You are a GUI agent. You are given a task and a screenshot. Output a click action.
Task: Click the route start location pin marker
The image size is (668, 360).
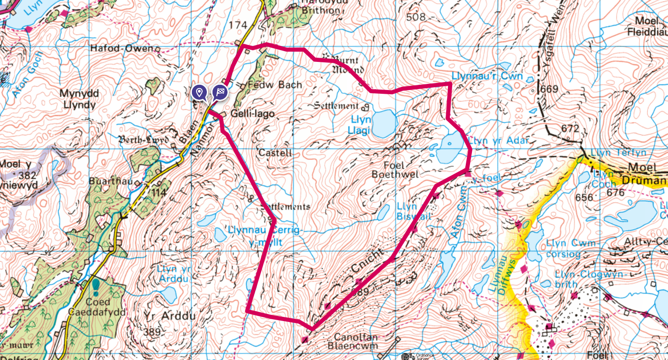[x=199, y=92]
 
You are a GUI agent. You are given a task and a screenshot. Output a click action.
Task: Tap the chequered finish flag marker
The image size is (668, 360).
[x=220, y=92]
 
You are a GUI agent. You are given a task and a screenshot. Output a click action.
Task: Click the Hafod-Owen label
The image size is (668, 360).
[x=122, y=48]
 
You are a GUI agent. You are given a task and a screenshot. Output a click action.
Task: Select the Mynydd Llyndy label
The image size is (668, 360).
[x=79, y=99]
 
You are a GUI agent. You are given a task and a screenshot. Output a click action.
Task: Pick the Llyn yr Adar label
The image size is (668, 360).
[x=499, y=141]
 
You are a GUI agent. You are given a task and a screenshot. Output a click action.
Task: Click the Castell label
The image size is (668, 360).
[x=275, y=153]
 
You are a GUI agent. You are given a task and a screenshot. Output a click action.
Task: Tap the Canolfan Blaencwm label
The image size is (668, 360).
[x=356, y=342]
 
